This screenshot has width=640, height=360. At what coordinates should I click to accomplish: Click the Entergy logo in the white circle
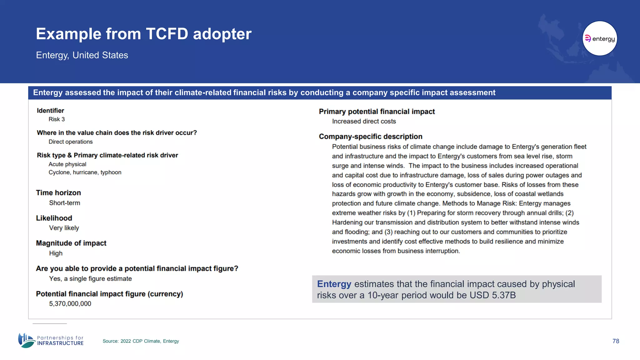(600, 38)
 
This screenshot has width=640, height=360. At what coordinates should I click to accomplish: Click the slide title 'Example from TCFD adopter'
(143, 34)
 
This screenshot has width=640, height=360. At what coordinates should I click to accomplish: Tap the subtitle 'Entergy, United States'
(82, 55)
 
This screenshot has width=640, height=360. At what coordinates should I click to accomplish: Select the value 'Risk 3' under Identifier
(57, 119)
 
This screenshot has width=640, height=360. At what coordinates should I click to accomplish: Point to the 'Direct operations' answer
(71, 142)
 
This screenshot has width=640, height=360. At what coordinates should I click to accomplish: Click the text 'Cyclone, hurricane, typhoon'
(85, 172)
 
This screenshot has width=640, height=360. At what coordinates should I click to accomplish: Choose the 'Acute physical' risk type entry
(67, 164)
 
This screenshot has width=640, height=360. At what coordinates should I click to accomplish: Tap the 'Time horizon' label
(58, 192)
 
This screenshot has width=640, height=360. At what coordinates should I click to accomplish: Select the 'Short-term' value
(64, 203)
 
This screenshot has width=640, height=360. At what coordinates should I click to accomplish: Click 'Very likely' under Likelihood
(64, 228)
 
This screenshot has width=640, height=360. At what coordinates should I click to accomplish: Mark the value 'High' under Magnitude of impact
(56, 253)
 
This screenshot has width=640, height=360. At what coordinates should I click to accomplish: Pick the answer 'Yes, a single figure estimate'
(90, 278)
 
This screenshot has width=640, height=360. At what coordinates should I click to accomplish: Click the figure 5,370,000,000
(70, 303)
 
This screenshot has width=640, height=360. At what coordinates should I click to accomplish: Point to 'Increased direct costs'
(364, 121)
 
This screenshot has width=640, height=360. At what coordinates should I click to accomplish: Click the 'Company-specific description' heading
(370, 137)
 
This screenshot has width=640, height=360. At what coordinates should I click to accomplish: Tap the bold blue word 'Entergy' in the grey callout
(334, 284)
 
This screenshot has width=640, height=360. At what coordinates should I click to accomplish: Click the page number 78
(616, 341)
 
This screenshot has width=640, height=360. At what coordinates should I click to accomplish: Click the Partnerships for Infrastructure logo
(51, 340)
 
